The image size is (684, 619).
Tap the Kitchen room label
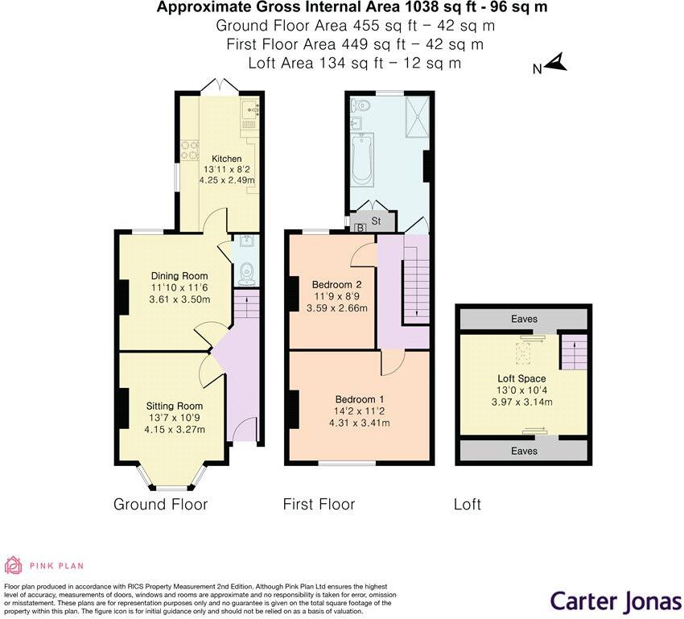click(x=226, y=159)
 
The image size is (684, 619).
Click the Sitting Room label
click(x=174, y=406)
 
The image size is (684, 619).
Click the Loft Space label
click(x=521, y=378)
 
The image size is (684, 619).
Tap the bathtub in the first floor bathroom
click(x=362, y=159)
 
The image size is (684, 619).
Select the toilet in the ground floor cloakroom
click(x=246, y=273)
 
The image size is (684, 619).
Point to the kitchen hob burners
click(x=190, y=151)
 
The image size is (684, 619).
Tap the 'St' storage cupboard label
click(x=376, y=220)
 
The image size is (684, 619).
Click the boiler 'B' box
click(x=360, y=229)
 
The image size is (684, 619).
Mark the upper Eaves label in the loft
click(x=524, y=320)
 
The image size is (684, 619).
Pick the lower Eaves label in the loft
click(x=524, y=451)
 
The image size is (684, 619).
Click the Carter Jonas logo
click(x=615, y=600)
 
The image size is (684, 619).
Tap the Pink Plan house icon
click(x=14, y=565)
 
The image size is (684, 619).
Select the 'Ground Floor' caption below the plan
click(x=160, y=505)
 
